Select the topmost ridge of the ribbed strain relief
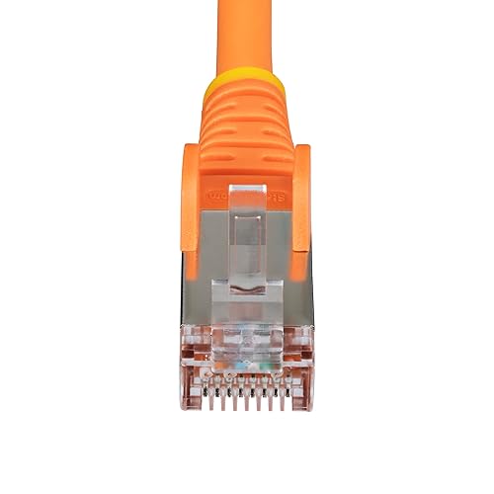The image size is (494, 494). pos(247,99)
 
